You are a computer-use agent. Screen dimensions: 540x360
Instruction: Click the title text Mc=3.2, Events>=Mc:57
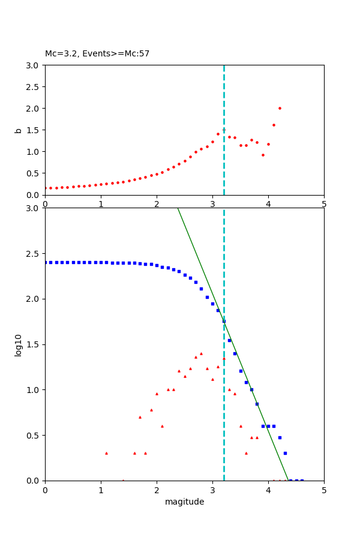coord(97,54)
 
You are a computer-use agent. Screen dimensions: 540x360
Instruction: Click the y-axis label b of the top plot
coord(19,130)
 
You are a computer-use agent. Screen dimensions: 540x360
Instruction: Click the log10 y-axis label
coord(19,345)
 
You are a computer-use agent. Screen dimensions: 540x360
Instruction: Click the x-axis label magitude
coord(184,502)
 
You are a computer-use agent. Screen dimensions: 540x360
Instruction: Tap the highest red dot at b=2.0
coord(280,109)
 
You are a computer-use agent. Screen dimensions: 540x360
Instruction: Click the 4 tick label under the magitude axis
coord(268,490)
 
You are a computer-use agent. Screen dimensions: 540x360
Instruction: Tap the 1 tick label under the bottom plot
coord(101,490)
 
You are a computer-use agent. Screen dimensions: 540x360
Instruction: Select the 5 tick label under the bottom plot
coord(324,490)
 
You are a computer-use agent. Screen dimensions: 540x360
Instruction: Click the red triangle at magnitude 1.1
coord(106,453)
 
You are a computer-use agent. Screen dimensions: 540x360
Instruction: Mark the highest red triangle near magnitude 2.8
coord(201,353)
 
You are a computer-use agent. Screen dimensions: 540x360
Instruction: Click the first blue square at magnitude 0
coord(46,262)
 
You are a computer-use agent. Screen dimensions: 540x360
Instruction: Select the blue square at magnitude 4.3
coord(285,453)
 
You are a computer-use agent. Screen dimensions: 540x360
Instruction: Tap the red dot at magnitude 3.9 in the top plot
coord(263,155)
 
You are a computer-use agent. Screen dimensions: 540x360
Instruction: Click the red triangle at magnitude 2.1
coord(162,426)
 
